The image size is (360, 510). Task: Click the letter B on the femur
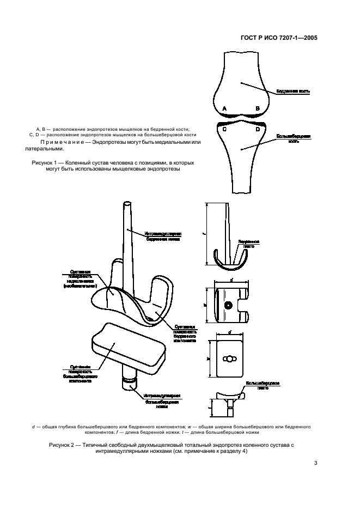point(258,109)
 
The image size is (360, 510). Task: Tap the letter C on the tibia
point(225,130)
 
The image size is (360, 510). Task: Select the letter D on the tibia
point(258,130)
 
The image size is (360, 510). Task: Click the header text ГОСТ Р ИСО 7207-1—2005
point(279,39)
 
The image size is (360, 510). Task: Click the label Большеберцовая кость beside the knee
point(294,139)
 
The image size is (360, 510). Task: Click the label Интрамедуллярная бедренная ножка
point(163,236)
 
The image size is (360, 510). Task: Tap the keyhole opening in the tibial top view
point(228,359)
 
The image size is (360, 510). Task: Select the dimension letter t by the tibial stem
point(211,406)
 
